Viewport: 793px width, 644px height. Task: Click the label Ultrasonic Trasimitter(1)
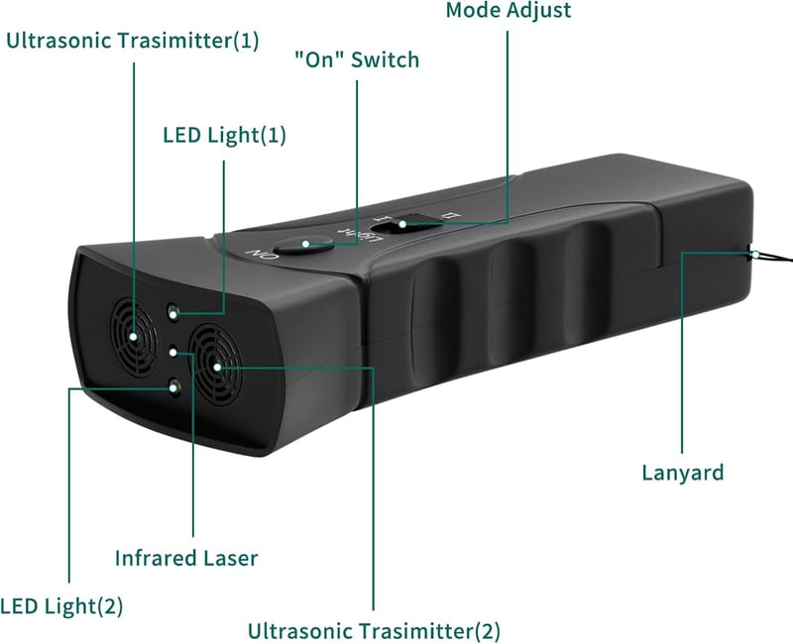pyautogui.click(x=133, y=41)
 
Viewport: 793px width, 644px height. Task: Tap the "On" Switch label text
pyautogui.click(x=357, y=59)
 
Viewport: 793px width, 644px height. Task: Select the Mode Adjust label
pyautogui.click(x=509, y=10)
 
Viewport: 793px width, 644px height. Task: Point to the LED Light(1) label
pyautogui.click(x=225, y=135)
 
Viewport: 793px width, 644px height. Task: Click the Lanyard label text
pyautogui.click(x=683, y=474)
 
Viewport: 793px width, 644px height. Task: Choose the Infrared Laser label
pyautogui.click(x=186, y=558)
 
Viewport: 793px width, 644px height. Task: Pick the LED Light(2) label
pyautogui.click(x=61, y=606)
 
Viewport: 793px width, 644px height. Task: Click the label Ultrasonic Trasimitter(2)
pyautogui.click(x=374, y=631)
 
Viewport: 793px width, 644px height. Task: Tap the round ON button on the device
pyautogui.click(x=303, y=245)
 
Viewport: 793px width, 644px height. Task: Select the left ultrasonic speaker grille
pyautogui.click(x=134, y=337)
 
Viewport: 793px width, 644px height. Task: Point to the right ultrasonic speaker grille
pyautogui.click(x=215, y=366)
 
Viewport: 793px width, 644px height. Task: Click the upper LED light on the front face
pyautogui.click(x=172, y=312)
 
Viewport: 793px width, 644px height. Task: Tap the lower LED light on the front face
pyautogui.click(x=175, y=386)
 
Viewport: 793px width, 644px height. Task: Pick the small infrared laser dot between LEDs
pyautogui.click(x=173, y=352)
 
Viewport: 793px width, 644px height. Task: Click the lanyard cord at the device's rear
pyautogui.click(x=773, y=257)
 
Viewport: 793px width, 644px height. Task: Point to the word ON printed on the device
pyautogui.click(x=262, y=254)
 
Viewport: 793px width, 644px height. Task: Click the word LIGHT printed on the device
pyautogui.click(x=359, y=234)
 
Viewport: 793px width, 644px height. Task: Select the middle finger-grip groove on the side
pyautogui.click(x=510, y=302)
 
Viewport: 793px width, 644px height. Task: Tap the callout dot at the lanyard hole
pyautogui.click(x=754, y=254)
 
